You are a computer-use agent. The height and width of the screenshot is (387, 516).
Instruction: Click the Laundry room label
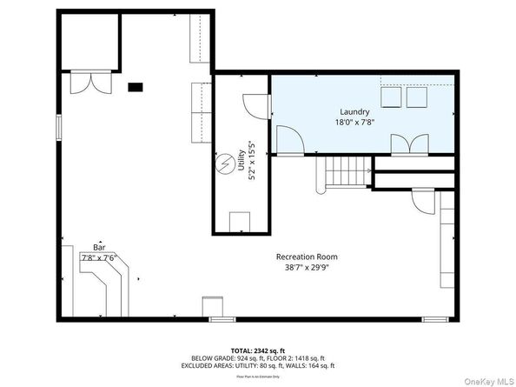coord(354,112)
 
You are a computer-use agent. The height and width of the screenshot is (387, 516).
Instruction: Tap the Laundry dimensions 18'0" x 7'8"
coord(354,123)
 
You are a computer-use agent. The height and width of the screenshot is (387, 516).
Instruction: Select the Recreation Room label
coord(307,257)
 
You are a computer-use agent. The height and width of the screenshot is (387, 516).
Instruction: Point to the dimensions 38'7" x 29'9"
coord(307,269)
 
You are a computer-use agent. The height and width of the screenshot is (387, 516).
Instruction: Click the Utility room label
coord(242,160)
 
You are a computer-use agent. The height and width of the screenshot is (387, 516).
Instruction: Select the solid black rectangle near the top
coord(136,86)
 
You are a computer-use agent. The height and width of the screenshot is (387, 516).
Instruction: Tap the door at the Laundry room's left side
coord(288,138)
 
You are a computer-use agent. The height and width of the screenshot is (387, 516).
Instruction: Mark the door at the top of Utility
coord(254,106)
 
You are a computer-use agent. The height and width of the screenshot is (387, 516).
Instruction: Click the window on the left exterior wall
coord(58,126)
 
